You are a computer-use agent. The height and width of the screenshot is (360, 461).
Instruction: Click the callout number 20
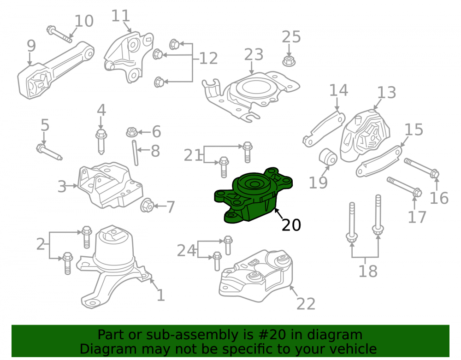coord(291,225)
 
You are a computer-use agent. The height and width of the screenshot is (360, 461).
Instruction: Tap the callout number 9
coord(31,46)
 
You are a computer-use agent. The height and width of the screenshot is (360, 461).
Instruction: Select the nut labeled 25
coord(289,61)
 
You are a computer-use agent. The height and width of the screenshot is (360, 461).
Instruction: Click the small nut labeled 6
coord(132,132)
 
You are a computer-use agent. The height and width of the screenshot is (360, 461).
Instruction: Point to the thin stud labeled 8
coord(135,153)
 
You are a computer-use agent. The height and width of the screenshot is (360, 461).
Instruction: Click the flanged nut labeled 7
coord(147,205)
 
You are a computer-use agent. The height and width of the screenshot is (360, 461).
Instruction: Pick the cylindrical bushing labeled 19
coord(328,157)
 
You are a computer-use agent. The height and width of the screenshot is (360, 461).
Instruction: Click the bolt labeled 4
coord(101,142)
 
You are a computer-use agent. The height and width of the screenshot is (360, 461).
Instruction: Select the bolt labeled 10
coord(59,34)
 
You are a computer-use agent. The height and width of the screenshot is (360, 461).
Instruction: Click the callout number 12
coord(208,59)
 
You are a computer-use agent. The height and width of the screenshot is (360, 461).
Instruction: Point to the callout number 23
coord(254,55)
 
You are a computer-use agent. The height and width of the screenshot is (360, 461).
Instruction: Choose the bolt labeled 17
coord(404,187)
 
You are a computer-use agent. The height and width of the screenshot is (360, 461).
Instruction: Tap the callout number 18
coord(368,271)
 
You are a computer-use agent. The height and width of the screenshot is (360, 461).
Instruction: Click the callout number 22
coord(306,304)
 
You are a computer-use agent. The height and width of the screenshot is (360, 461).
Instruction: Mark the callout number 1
coord(160,295)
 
